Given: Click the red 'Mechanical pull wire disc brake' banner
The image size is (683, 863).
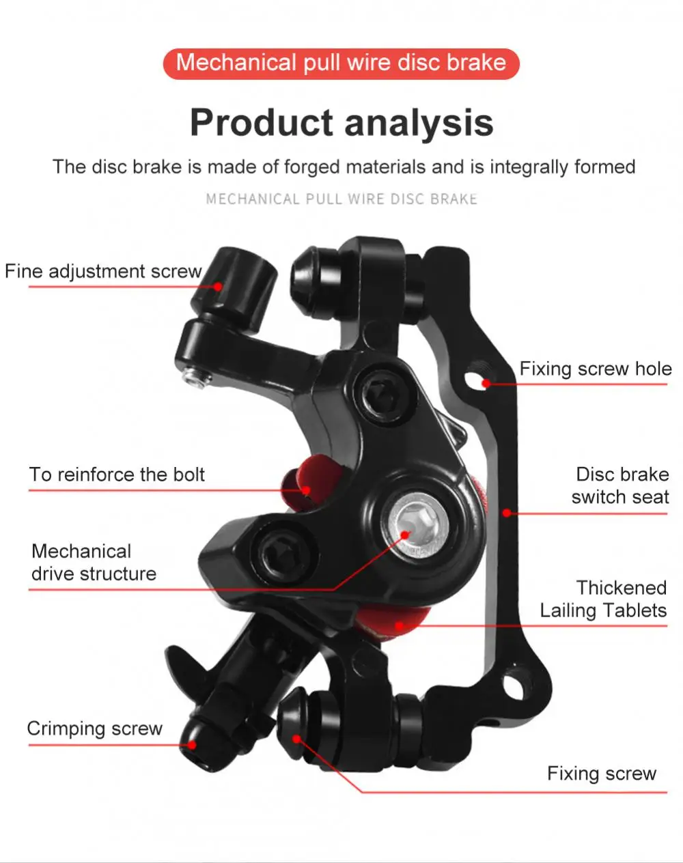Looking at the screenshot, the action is pyautogui.click(x=341, y=63).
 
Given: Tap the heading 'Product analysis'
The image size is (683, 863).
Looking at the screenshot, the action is pyautogui.click(x=341, y=123).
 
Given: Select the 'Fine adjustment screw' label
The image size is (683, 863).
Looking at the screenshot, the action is pyautogui.click(x=103, y=272).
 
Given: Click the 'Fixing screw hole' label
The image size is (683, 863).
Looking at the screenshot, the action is pyautogui.click(x=596, y=369).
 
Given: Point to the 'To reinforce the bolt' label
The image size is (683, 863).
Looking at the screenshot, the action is pyautogui.click(x=117, y=475).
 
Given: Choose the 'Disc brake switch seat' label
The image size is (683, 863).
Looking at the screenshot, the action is pyautogui.click(x=621, y=485).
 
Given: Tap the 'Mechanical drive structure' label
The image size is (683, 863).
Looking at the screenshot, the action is pyautogui.click(x=94, y=563).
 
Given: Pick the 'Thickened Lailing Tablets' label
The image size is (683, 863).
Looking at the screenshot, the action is pyautogui.click(x=604, y=599).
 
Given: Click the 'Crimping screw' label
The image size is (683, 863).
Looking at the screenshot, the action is pyautogui.click(x=94, y=728).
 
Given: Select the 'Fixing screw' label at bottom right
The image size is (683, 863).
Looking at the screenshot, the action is pyautogui.click(x=601, y=774).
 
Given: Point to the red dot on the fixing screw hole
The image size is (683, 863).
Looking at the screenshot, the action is pyautogui.click(x=486, y=383).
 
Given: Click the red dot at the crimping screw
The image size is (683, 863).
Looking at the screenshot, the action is pyautogui.click(x=192, y=745).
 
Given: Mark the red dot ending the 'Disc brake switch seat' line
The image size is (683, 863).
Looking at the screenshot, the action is pyautogui.click(x=507, y=513).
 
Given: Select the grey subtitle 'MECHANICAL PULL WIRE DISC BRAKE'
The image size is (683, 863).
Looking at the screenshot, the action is pyautogui.click(x=341, y=199).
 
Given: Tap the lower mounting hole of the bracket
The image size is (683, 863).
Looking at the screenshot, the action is pyautogui.click(x=512, y=681).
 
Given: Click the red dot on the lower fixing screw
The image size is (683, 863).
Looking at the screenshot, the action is pyautogui.click(x=296, y=739).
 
